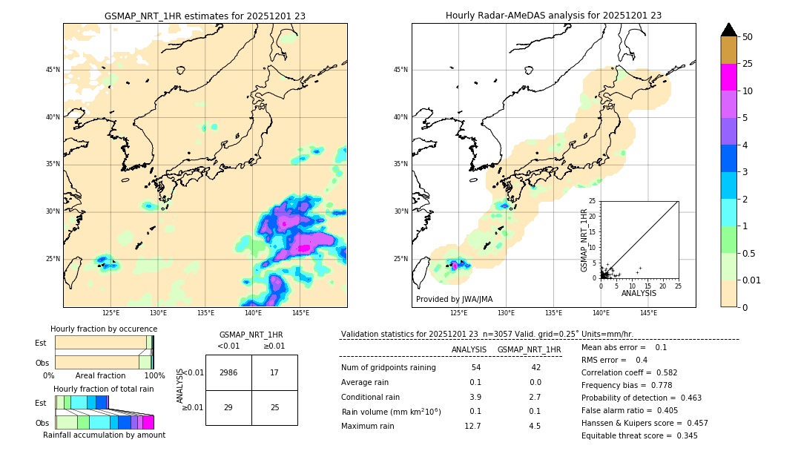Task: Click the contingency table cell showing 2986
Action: [x=228, y=372]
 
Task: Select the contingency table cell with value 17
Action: [x=274, y=372]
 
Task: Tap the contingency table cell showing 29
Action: [x=228, y=408]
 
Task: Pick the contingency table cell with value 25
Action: [x=274, y=408]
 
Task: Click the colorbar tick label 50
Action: [x=748, y=37]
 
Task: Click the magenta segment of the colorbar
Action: [x=729, y=77]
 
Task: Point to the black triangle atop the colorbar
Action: [x=729, y=30]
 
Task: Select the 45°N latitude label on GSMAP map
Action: [x=53, y=70]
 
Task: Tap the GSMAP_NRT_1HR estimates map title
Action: [x=205, y=16]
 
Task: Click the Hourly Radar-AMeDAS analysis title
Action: [x=553, y=16]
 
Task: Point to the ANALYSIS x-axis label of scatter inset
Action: [x=639, y=293]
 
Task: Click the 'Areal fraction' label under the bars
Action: [x=100, y=375]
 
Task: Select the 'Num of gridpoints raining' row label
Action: [x=389, y=368]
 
